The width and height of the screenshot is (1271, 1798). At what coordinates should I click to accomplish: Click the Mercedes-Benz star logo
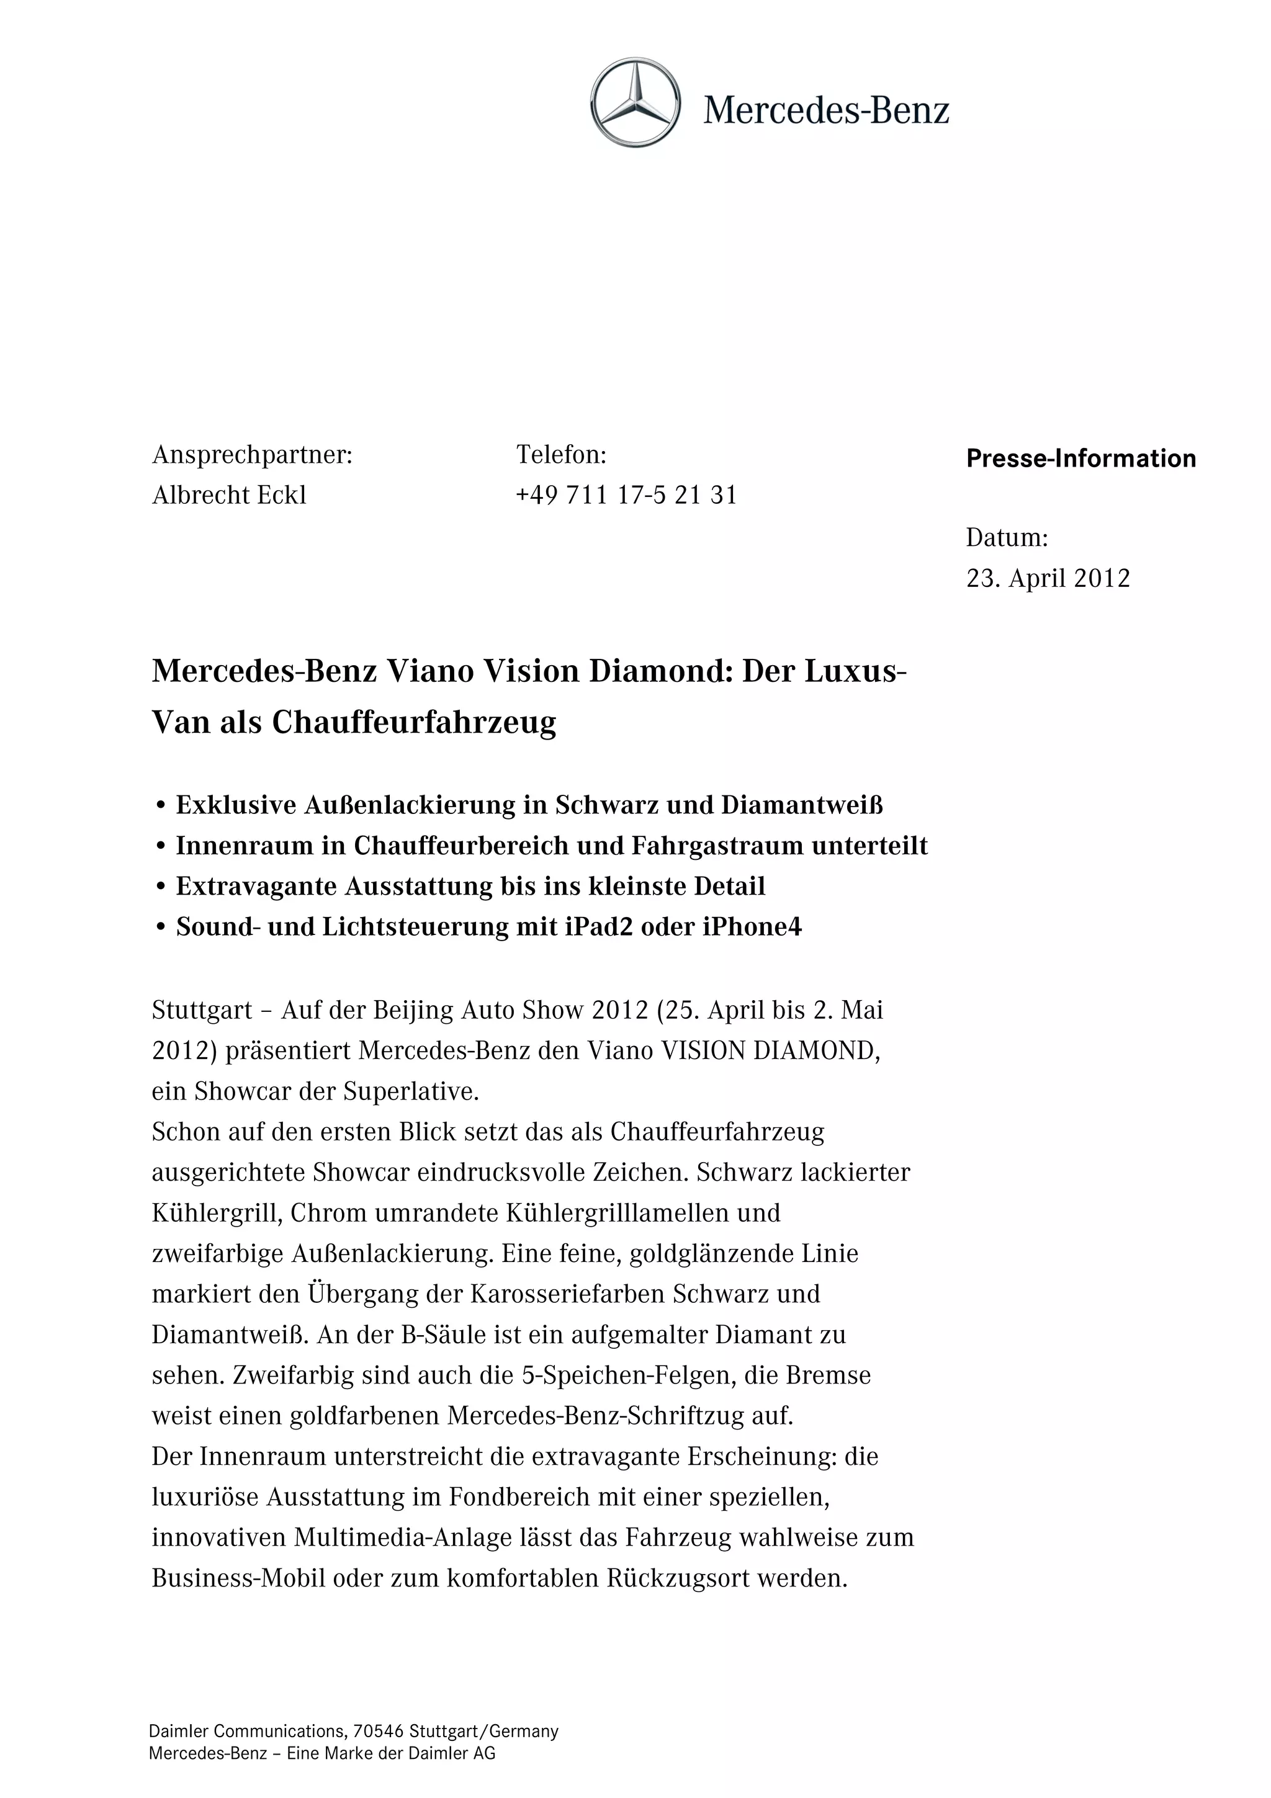pyautogui.click(x=635, y=102)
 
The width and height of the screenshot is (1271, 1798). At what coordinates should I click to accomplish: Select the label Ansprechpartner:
pyautogui.click(x=252, y=455)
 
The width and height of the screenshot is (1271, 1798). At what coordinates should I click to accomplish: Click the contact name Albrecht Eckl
pyautogui.click(x=228, y=495)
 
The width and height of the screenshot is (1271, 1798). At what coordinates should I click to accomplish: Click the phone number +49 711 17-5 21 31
pyautogui.click(x=626, y=495)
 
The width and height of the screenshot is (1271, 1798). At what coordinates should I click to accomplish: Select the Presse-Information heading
pyautogui.click(x=1080, y=458)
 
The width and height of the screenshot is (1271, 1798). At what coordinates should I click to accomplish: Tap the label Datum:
pyautogui.click(x=1006, y=537)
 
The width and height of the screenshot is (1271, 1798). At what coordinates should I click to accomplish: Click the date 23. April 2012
pyautogui.click(x=1048, y=578)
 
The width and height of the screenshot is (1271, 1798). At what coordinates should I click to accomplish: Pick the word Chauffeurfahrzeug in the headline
pyautogui.click(x=415, y=722)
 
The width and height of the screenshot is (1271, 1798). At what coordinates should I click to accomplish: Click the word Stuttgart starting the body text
pyautogui.click(x=202, y=1010)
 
